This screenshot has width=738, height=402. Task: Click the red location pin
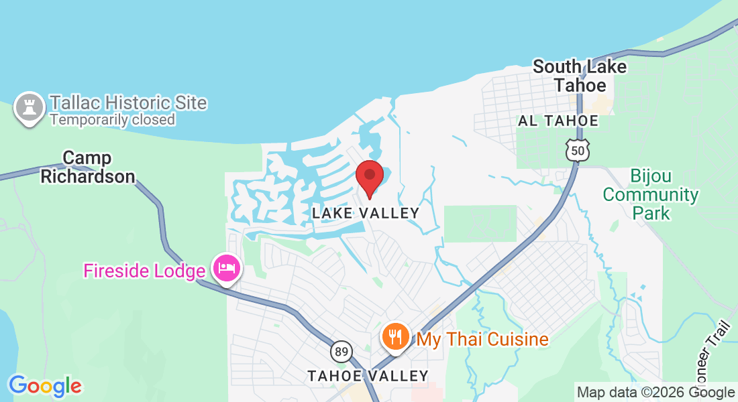(369, 177)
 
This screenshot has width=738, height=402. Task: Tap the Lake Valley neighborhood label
(366, 213)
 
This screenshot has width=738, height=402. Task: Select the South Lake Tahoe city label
(580, 76)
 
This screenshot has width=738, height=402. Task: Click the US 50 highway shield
(578, 151)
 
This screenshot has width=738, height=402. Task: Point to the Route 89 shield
(341, 351)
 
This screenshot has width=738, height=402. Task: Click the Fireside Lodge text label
(144, 271)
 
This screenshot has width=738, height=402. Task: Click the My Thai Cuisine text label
(482, 339)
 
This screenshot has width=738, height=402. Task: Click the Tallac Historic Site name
(128, 103)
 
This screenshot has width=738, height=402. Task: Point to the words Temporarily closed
(112, 120)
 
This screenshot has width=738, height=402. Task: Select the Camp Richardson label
(87, 167)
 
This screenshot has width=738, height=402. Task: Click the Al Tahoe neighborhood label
(558, 121)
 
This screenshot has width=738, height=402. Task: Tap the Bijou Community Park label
(650, 195)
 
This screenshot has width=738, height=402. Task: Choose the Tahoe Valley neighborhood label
(368, 376)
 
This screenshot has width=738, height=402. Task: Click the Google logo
(45, 386)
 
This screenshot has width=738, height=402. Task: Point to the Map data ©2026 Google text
(655, 393)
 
